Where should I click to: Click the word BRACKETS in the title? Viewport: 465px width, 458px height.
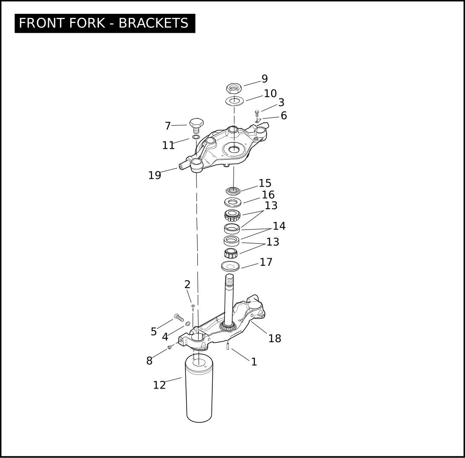153,23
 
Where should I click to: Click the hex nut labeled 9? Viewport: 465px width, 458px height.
234,88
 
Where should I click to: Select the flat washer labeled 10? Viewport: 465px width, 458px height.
234,101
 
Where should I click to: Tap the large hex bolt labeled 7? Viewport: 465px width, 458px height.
196,126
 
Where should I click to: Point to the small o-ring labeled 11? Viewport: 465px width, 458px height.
196,137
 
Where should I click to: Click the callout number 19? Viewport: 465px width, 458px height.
155,175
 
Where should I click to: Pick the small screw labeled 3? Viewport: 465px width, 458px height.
257,113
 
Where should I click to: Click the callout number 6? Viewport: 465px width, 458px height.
284,115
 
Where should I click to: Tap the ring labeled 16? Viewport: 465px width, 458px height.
233,202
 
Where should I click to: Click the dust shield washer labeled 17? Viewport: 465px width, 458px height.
231,266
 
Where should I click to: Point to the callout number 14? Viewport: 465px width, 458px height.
279,226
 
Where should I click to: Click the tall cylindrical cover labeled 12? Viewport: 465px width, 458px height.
199,388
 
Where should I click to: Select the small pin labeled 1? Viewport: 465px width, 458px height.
228,346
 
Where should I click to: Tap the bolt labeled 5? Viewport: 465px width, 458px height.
179,317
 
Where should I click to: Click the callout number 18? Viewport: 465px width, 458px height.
274,338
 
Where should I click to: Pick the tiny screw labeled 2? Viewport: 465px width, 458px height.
193,308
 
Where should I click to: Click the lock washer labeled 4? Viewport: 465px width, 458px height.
188,324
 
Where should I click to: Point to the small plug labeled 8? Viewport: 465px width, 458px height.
169,347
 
